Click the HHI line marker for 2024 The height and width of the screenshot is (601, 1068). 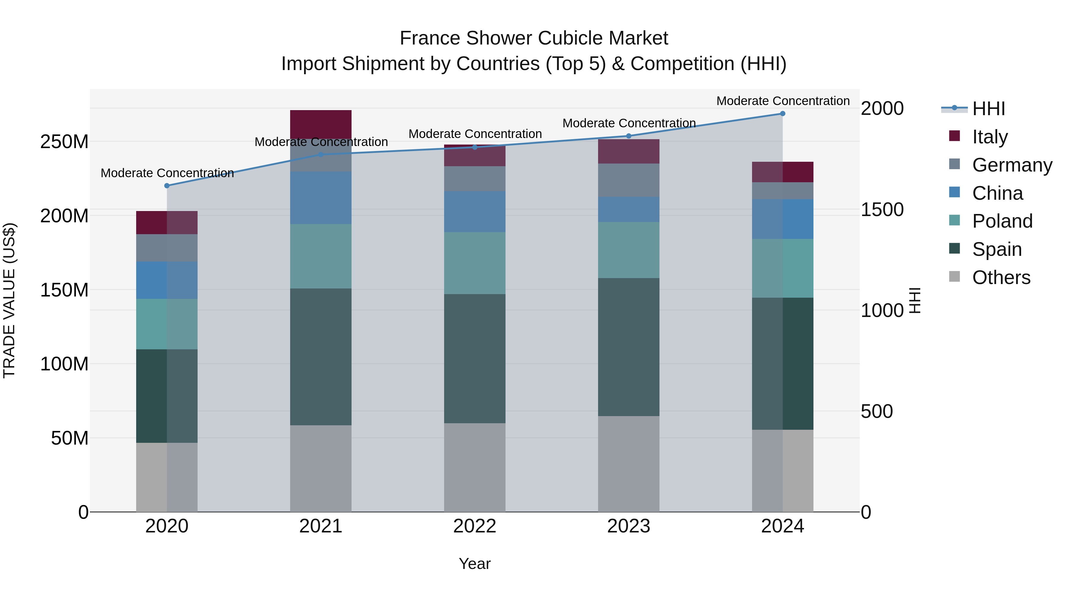click(782, 114)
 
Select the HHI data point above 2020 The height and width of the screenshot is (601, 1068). click(167, 186)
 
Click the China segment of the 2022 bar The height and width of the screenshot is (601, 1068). click(475, 212)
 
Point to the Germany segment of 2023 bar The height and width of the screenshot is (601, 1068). click(629, 180)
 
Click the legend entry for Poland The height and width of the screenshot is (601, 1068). click(1002, 221)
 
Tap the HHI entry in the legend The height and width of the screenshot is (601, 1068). click(988, 109)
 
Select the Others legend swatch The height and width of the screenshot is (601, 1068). click(954, 277)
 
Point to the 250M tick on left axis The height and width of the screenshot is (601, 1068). click(64, 142)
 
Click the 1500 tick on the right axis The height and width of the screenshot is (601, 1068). click(882, 210)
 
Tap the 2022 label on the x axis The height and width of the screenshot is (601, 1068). click(475, 526)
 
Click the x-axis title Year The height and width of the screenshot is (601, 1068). click(475, 564)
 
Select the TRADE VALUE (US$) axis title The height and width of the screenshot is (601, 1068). click(9, 300)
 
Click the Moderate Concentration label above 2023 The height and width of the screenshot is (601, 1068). click(629, 123)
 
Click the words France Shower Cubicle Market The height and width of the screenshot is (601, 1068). click(534, 38)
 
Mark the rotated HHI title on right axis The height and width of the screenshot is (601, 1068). click(915, 300)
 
